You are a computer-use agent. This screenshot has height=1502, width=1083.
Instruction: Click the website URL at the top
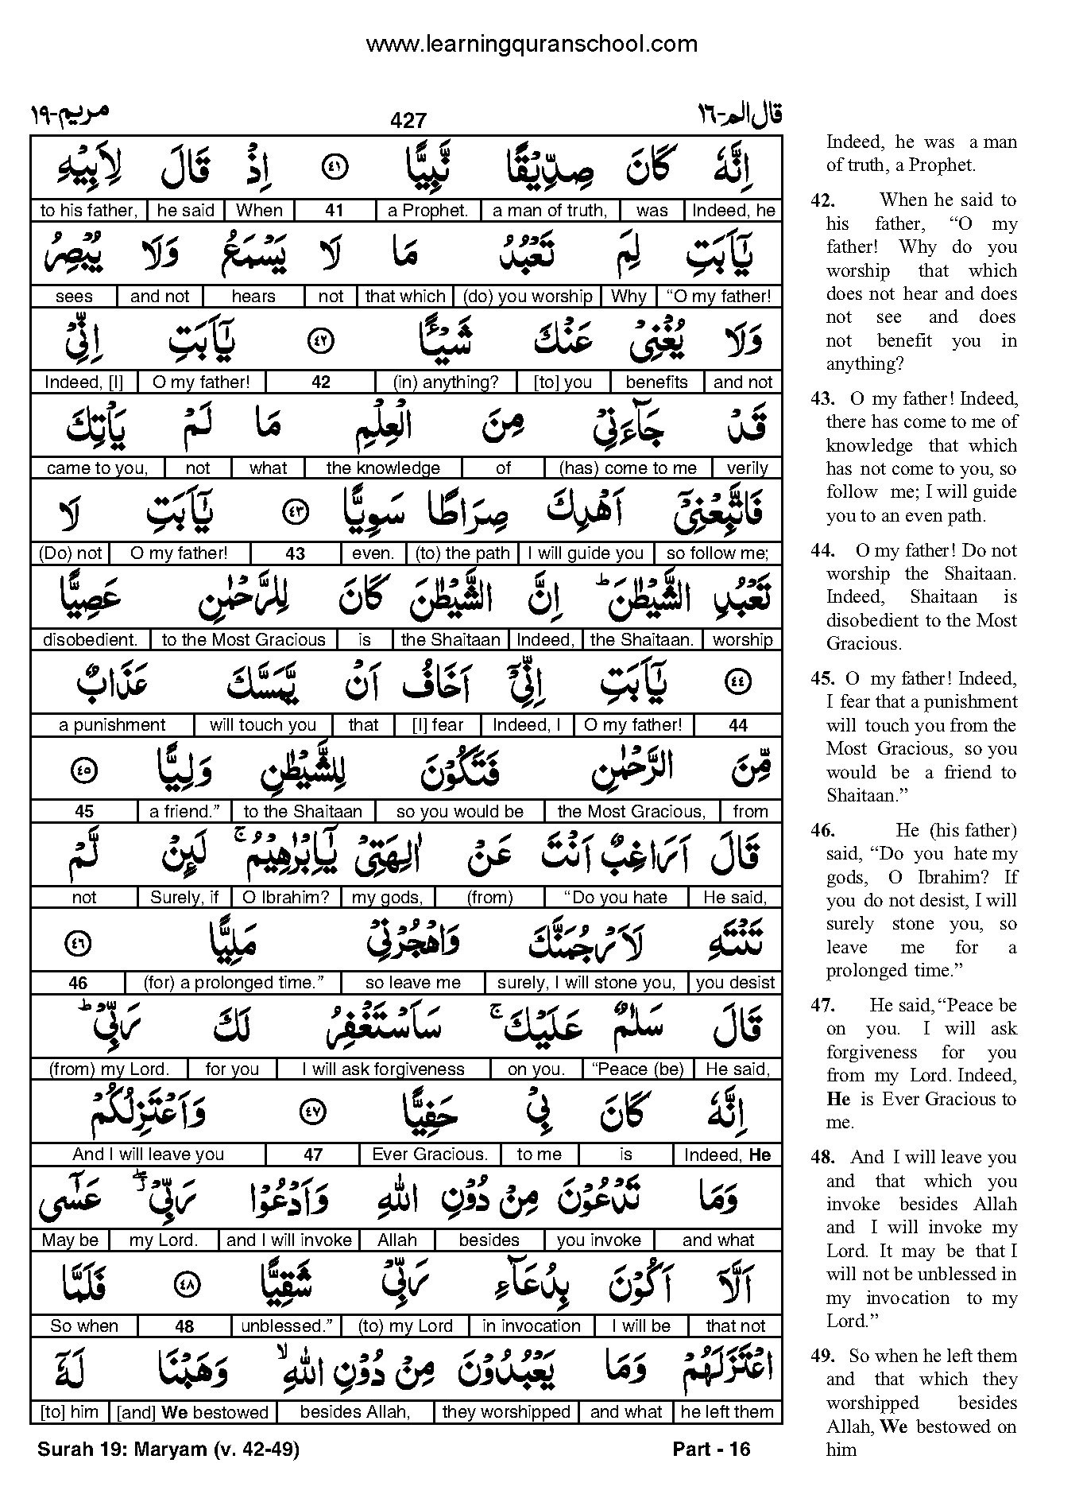pyautogui.click(x=531, y=45)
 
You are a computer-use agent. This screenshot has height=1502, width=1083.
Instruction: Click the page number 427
pyautogui.click(x=408, y=120)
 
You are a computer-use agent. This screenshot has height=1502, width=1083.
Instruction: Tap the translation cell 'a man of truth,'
pyautogui.click(x=550, y=211)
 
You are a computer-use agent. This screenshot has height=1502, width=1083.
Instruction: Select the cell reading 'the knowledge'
pyautogui.click(x=383, y=468)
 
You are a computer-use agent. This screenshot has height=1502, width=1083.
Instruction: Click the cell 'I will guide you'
pyautogui.click(x=586, y=553)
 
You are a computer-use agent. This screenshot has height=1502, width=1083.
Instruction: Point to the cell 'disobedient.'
pyautogui.click(x=91, y=639)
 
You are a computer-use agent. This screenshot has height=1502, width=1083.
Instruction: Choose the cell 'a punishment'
pyautogui.click(x=112, y=725)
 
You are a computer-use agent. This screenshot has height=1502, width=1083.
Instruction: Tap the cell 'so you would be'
pyautogui.click(x=460, y=811)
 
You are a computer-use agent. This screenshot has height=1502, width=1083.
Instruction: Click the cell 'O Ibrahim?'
pyautogui.click(x=284, y=897)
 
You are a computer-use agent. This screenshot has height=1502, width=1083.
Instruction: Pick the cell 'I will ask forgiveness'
pyautogui.click(x=383, y=1069)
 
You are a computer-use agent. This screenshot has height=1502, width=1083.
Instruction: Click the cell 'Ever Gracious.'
pyautogui.click(x=430, y=1155)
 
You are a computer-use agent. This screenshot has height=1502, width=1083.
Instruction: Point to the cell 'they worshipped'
pyautogui.click(x=506, y=1412)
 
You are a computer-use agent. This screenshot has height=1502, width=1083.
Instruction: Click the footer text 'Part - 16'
pyautogui.click(x=711, y=1449)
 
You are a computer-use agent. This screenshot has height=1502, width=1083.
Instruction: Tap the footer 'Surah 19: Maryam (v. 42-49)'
pyautogui.click(x=168, y=1449)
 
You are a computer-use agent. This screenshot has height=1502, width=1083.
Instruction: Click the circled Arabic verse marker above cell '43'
pyautogui.click(x=295, y=513)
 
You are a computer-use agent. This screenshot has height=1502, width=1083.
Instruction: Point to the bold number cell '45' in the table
pyautogui.click(x=84, y=811)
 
